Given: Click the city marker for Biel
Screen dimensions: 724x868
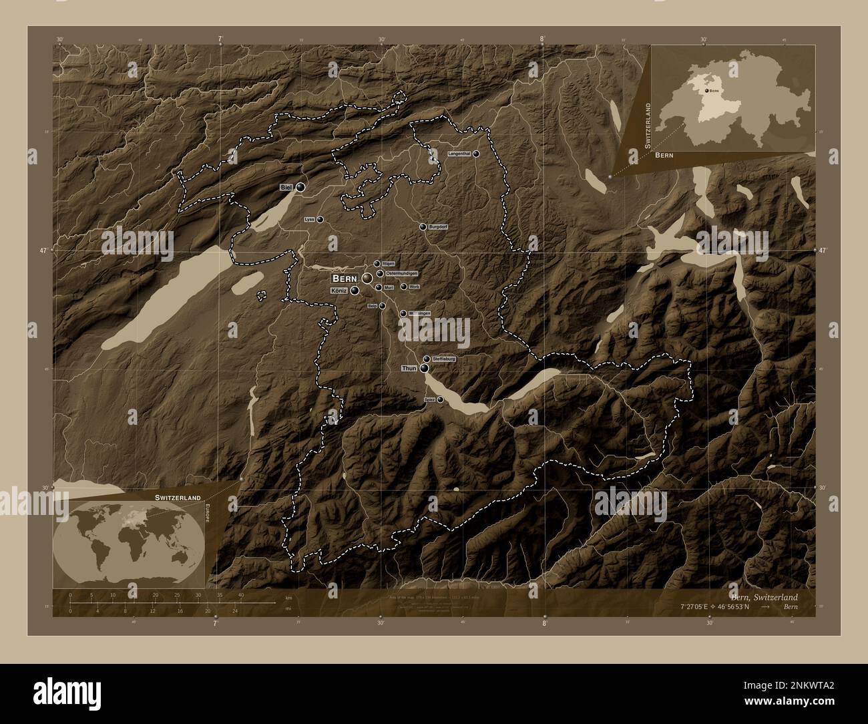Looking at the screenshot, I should point(300,188).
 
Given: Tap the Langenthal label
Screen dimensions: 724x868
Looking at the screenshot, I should point(459,154).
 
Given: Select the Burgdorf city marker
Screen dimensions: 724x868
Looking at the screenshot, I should point(423,227).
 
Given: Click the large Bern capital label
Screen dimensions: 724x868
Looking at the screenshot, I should point(345,278).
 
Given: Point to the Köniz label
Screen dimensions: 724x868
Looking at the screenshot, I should point(339,291).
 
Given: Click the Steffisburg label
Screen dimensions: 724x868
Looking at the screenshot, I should point(444,359).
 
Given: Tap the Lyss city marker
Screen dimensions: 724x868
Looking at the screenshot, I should point(320,219).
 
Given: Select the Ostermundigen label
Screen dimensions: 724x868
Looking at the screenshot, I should point(402,273).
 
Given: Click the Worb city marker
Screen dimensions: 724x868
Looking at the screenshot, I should point(404,287).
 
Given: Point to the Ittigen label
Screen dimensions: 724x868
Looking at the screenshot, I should point(388,264).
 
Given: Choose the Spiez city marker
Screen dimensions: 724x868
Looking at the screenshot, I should point(440,399).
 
